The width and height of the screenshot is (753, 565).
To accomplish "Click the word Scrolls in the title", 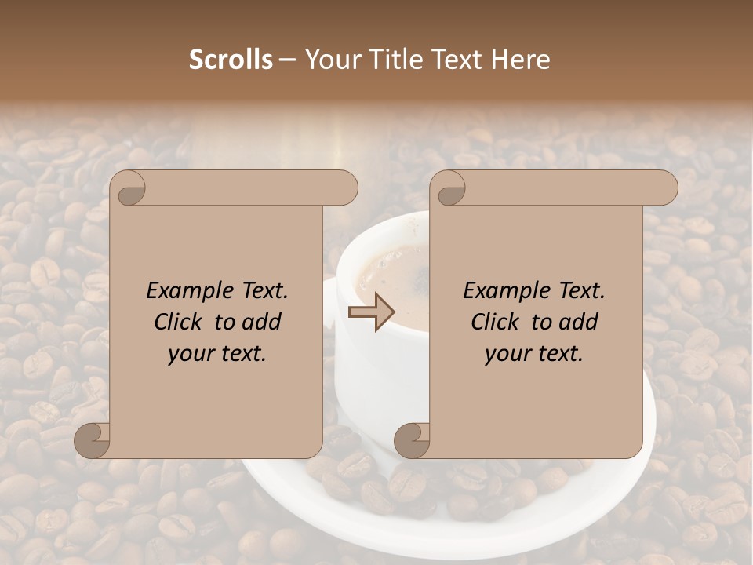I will click(231, 60).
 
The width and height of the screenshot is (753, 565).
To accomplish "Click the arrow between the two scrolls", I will click(372, 312).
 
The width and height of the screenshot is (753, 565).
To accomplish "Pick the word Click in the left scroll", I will click(180, 322).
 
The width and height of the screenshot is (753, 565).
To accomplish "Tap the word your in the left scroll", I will click(189, 354).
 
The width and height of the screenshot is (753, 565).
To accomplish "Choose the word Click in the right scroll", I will click(497, 322).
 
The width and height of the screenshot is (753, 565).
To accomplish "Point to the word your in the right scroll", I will click(506, 354).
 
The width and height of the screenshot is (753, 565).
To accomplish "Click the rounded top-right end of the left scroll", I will click(346, 188).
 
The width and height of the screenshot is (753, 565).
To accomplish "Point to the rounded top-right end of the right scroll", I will click(666, 188).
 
